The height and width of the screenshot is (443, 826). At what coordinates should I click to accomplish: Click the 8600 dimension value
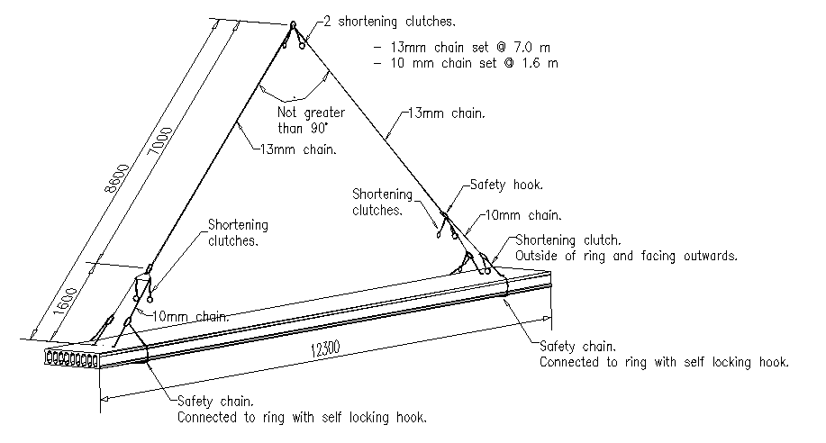[117, 178]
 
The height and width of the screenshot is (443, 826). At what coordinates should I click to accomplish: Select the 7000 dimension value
[160, 140]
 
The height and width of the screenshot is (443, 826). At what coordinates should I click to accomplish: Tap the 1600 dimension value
[66, 302]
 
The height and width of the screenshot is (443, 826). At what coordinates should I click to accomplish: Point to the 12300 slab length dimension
[325, 348]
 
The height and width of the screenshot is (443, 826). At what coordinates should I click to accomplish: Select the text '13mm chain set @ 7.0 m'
[470, 48]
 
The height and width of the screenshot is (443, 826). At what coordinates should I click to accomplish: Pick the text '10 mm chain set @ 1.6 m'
[474, 63]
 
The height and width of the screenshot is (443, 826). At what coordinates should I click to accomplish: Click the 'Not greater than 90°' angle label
[311, 120]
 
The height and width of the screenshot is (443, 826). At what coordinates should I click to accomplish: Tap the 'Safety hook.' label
[506, 185]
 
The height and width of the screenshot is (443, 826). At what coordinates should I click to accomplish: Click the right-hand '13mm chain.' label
[447, 113]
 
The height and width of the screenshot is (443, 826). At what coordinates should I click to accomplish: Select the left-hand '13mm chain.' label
[298, 149]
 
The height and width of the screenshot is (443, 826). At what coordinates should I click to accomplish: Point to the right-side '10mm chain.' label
[523, 215]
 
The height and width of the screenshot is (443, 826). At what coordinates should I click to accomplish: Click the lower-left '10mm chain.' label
[191, 316]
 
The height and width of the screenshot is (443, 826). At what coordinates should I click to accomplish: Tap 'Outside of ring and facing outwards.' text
[626, 256]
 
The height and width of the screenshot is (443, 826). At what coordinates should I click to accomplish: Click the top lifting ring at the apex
[293, 24]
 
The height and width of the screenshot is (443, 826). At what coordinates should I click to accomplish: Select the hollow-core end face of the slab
[72, 358]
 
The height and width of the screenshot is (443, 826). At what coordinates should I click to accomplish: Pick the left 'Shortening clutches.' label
[238, 233]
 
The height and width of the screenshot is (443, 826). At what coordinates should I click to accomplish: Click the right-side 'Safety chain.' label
[578, 347]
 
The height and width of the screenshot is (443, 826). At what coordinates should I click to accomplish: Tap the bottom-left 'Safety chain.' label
[215, 402]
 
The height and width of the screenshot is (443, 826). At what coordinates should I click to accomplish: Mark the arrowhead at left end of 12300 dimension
[104, 398]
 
